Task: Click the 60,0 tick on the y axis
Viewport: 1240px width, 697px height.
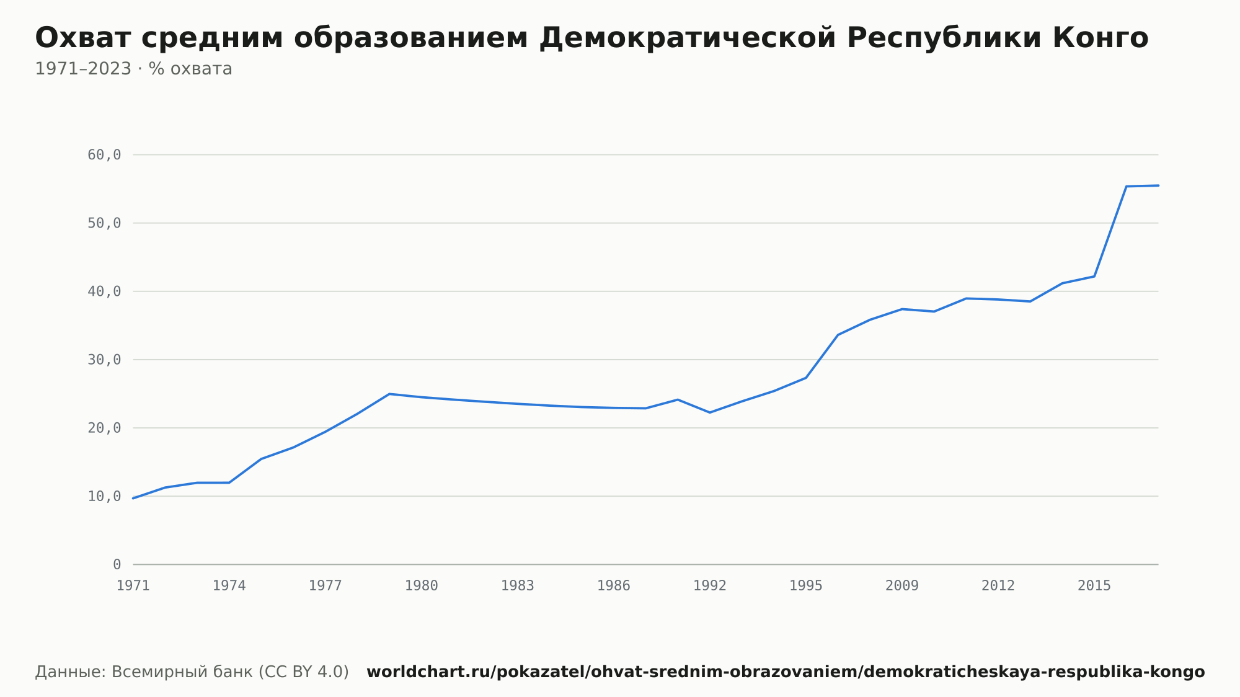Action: pos(104,155)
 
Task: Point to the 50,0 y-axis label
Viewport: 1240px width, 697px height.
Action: pos(104,223)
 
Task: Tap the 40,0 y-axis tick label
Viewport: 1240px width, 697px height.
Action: pos(104,291)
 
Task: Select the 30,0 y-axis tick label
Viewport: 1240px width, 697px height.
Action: pos(104,360)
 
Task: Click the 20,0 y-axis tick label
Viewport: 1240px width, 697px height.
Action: pos(104,428)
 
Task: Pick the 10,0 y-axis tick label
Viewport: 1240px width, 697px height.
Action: pos(104,496)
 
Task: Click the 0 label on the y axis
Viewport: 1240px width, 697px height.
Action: pos(117,564)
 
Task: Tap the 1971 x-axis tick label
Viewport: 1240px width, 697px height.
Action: pos(133,586)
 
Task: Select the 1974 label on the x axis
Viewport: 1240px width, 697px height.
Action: pos(229,586)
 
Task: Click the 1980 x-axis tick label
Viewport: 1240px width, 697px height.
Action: pos(422,586)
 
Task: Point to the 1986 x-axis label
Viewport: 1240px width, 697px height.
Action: pos(614,586)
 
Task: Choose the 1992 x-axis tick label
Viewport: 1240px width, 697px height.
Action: pos(710,586)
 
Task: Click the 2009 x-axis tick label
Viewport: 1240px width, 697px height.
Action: pos(902,586)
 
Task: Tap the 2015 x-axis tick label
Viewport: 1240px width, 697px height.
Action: pos(1094,586)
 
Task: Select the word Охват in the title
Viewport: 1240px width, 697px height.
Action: pos(82,38)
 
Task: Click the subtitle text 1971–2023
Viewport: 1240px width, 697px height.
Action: pos(83,69)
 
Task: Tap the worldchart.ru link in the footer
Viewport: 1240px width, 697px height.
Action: pos(786,672)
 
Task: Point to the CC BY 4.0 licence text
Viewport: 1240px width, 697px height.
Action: pos(304,672)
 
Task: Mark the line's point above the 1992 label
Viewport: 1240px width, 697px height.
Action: pos(710,412)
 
